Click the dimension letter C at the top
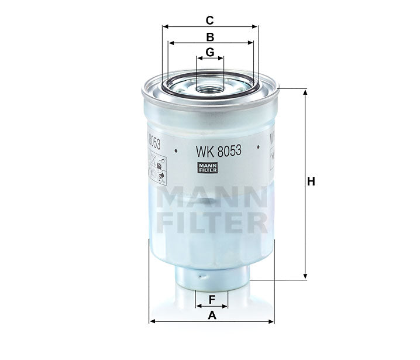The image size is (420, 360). (x=209, y=20)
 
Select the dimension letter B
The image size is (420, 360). (x=209, y=36)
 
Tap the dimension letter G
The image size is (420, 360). (x=209, y=52)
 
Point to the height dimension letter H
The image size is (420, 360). (x=311, y=182)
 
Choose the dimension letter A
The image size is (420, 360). (x=212, y=316)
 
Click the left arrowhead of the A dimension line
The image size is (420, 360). (x=153, y=321)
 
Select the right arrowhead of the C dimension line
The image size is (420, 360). (x=254, y=26)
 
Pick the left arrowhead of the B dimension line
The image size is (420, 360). (x=171, y=43)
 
